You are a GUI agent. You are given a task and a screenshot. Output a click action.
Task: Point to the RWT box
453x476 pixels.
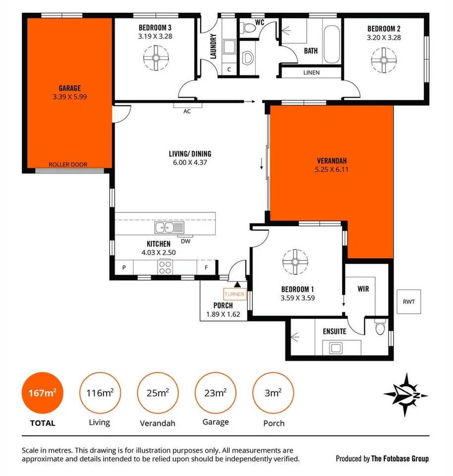point(409,301)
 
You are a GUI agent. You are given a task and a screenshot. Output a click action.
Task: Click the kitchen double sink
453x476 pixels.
point(169,228)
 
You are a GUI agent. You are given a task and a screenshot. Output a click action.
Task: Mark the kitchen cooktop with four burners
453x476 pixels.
point(165,267)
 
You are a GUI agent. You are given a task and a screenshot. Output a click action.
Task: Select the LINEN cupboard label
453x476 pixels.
point(311,72)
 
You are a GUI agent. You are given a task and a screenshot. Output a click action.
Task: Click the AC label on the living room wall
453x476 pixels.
point(187,111)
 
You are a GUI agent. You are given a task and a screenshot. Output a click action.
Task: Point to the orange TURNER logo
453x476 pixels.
point(234,294)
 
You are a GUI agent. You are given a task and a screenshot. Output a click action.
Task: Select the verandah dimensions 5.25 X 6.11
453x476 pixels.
point(331,170)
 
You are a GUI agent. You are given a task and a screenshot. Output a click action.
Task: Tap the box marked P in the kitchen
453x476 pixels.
point(123,267)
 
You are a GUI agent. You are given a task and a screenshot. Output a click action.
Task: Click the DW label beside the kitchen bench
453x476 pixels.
point(186,241)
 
